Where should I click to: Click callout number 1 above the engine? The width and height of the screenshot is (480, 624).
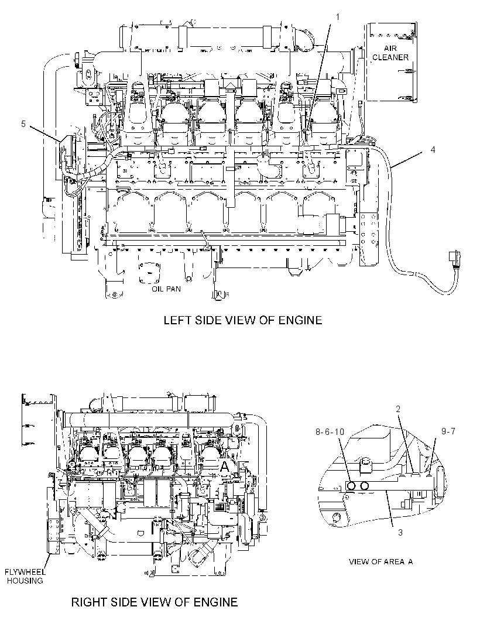point(338,17)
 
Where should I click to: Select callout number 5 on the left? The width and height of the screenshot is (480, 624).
point(23,124)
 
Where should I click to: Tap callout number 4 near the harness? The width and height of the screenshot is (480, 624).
point(433,149)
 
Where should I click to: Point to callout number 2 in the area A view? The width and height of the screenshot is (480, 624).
point(398,409)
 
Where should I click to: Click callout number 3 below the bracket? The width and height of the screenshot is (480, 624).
point(401,532)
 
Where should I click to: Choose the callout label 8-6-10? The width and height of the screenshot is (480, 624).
point(330,431)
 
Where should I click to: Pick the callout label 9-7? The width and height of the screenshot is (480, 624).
point(448,431)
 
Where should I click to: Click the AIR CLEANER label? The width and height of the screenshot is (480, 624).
point(390,53)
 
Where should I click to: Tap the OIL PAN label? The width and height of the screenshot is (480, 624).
point(166,289)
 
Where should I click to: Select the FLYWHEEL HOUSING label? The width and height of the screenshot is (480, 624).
point(25,576)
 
